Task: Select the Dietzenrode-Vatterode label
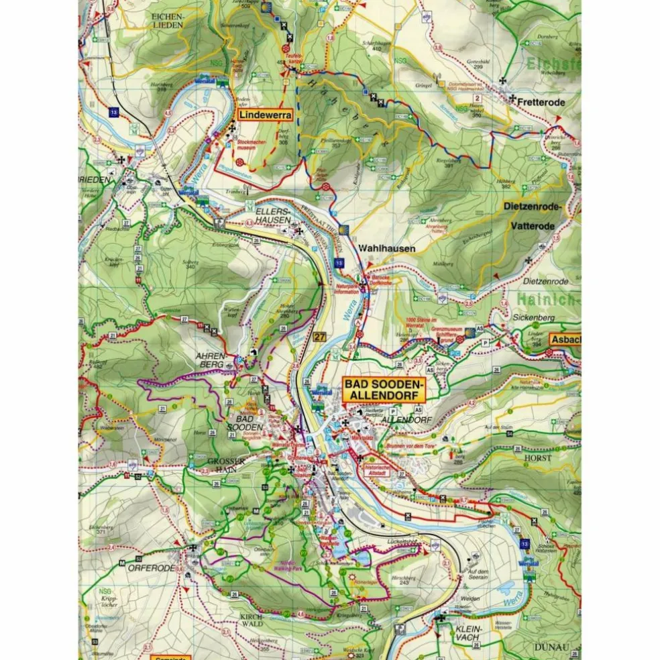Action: [530, 217]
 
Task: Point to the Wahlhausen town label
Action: [387, 248]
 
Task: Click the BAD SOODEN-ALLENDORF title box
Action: [383, 390]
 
